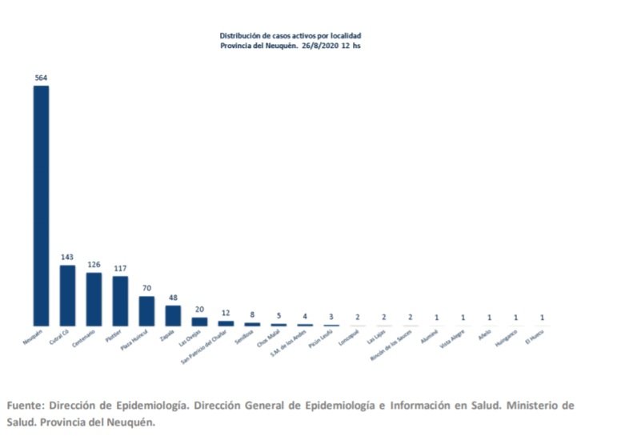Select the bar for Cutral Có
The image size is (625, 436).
click(x=67, y=295)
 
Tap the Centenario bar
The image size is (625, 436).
click(x=94, y=299)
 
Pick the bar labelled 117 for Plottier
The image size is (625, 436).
click(x=120, y=301)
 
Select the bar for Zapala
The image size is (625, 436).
click(x=173, y=315)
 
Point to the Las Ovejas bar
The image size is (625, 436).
click(x=199, y=322)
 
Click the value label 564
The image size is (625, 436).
click(x=41, y=78)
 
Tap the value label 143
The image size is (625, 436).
click(x=67, y=258)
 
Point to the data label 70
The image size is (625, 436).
click(x=146, y=289)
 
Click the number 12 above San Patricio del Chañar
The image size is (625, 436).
click(x=226, y=313)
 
